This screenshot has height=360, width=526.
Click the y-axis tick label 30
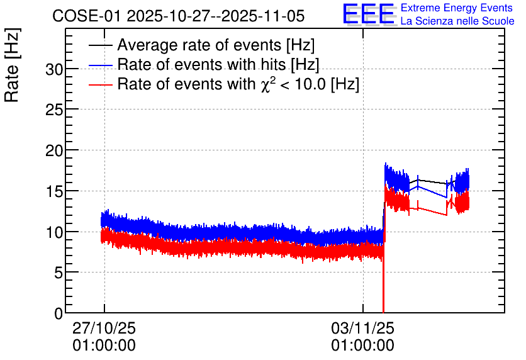pos(54,69)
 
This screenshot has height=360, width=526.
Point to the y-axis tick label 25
pos(54,110)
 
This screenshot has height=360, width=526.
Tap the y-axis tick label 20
pos(54,150)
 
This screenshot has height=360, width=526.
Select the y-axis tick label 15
pos(54,191)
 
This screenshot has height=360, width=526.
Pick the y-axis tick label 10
pos(54,232)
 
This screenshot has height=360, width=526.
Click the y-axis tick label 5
pos(59,273)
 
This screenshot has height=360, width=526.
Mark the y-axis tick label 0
pos(59,313)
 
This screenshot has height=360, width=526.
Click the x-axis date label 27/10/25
pos(104,328)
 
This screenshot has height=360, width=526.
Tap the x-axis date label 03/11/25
pos(362,328)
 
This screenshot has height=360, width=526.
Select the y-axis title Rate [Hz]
pos(12,65)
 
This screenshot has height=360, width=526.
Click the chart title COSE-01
pos(86,16)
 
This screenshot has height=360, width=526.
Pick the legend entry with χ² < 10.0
pos(238,84)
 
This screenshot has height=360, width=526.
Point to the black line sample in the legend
pos(101,45)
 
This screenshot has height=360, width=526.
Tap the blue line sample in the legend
pos(101,65)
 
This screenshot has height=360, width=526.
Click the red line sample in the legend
pos(101,84)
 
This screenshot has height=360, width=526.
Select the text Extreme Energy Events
pos(457,8)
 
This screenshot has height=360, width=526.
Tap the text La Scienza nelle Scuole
pos(457,21)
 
